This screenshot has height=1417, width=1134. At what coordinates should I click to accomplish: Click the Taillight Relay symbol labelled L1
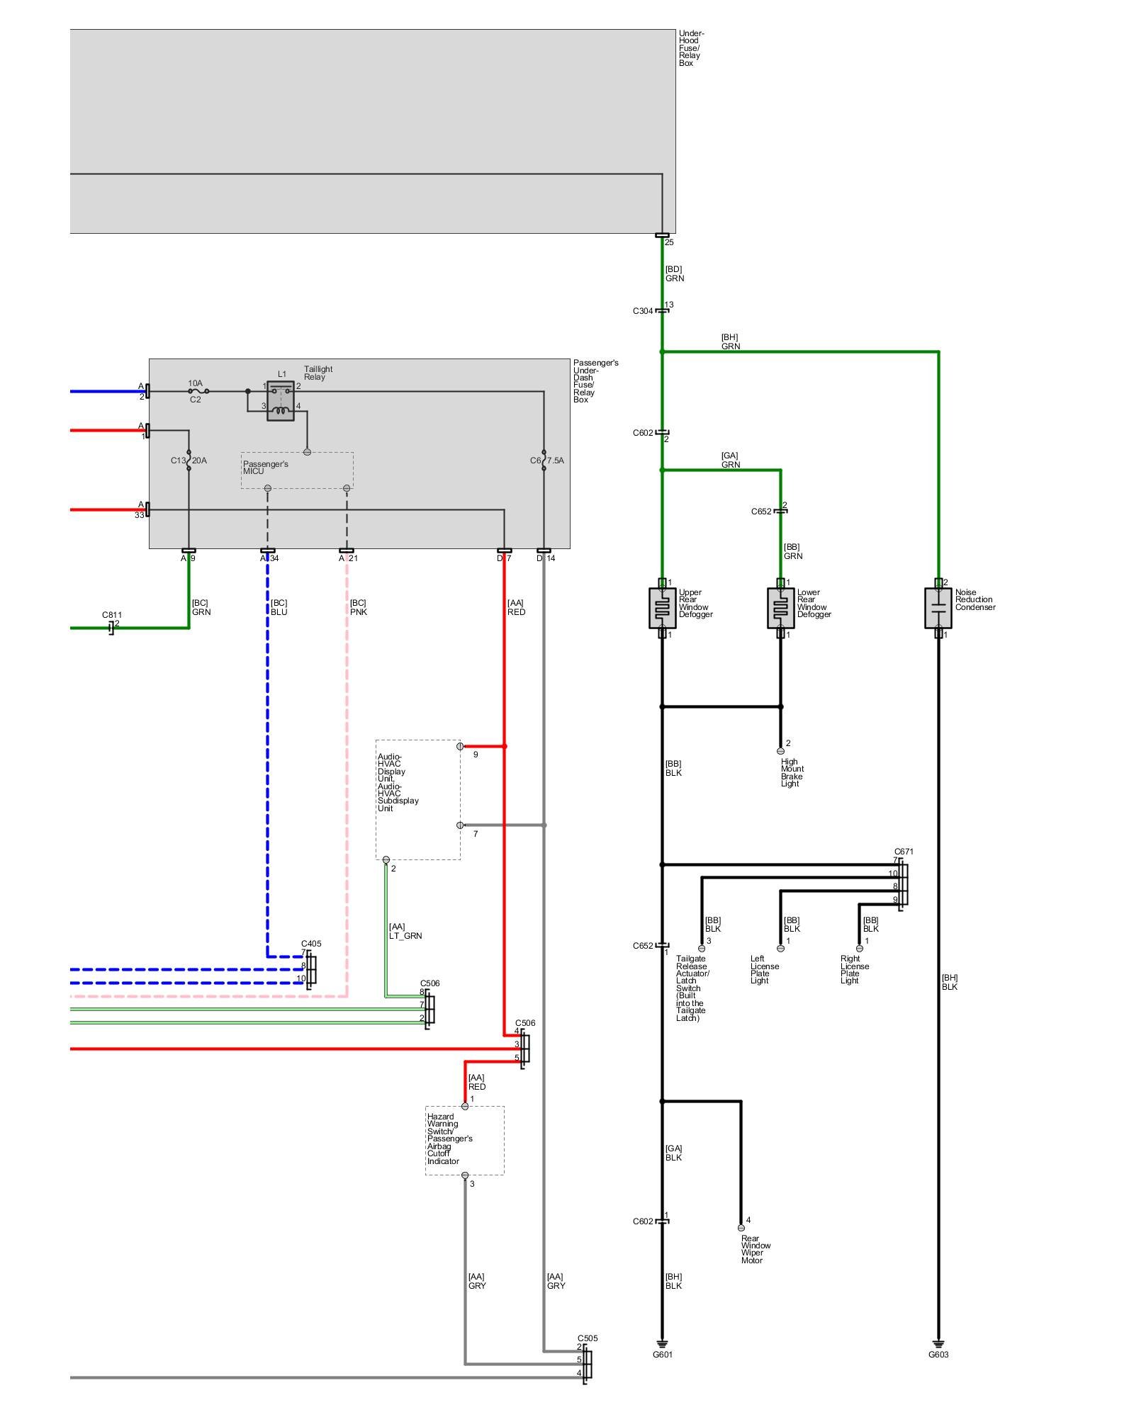(x=281, y=401)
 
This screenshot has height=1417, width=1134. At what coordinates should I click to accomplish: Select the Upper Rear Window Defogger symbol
(x=662, y=608)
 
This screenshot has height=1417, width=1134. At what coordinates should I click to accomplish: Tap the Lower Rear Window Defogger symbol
(x=780, y=608)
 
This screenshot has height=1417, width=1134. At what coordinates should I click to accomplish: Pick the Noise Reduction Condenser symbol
(x=938, y=608)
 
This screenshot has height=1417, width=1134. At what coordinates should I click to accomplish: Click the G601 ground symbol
(x=662, y=1343)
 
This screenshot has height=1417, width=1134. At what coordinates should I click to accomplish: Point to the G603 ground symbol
(x=938, y=1343)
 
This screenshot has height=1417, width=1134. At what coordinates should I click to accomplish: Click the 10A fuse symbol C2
(x=198, y=391)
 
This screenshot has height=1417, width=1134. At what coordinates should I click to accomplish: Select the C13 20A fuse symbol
(x=189, y=461)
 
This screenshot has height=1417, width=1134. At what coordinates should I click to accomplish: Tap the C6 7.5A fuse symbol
(x=544, y=461)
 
